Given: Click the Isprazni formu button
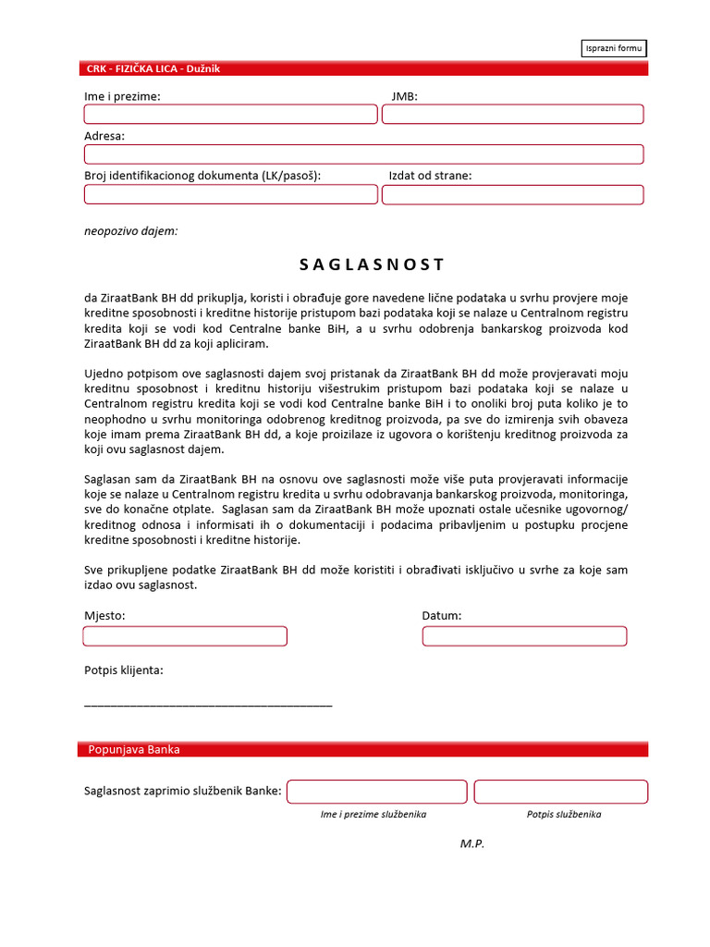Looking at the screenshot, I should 614,48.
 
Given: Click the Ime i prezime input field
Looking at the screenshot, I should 230,114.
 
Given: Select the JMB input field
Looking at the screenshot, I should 512,114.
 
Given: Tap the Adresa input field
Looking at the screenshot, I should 363,154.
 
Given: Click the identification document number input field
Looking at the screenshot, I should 230,194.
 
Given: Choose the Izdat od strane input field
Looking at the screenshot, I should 512,194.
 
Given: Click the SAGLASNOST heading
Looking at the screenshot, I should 372,264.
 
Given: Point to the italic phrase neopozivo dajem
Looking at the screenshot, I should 130,231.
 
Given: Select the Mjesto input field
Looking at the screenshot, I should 185,636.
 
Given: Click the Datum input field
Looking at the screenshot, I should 524,636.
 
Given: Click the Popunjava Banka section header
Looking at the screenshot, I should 134,749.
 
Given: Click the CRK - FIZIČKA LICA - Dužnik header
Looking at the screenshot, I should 153,68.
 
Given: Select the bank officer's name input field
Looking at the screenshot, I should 376,792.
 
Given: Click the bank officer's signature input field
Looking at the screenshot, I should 560,792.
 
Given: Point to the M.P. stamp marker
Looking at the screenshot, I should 472,843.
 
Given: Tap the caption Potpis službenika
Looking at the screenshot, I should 564,815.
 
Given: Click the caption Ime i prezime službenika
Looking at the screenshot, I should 373,815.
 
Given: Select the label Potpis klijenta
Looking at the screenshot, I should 124,670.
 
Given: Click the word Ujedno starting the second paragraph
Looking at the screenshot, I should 104,373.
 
